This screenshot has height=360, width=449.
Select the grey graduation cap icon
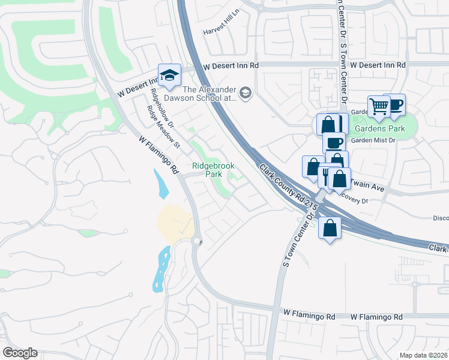click(245, 93)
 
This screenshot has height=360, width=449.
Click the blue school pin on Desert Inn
click(169, 76)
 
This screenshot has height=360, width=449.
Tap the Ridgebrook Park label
click(213, 170)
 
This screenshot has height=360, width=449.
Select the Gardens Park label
click(379, 129)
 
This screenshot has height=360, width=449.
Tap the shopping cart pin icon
click(379, 107)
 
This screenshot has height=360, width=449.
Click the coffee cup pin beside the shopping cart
click(394, 105)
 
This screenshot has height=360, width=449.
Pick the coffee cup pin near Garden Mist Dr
click(334, 143)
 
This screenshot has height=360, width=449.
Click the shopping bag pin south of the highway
click(330, 228)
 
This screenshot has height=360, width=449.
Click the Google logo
click(20, 353)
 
